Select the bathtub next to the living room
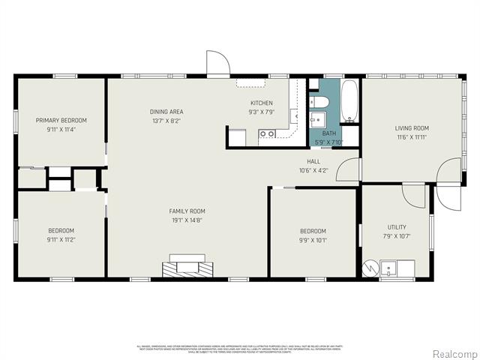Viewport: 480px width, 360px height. (349, 101)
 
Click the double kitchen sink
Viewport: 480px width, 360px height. (266, 135)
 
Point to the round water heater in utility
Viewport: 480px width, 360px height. (370, 268)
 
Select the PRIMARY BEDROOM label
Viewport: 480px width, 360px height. (61, 120)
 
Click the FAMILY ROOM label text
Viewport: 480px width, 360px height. (187, 211)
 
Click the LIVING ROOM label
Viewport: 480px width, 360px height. (412, 128)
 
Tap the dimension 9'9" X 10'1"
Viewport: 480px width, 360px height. (313, 240)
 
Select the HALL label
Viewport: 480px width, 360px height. (313, 161)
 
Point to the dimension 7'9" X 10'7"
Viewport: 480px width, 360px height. (397, 235)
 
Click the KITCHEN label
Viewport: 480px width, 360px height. (261, 103)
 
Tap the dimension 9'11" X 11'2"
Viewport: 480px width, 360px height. (61, 240)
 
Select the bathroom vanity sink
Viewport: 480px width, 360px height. (317, 118)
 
